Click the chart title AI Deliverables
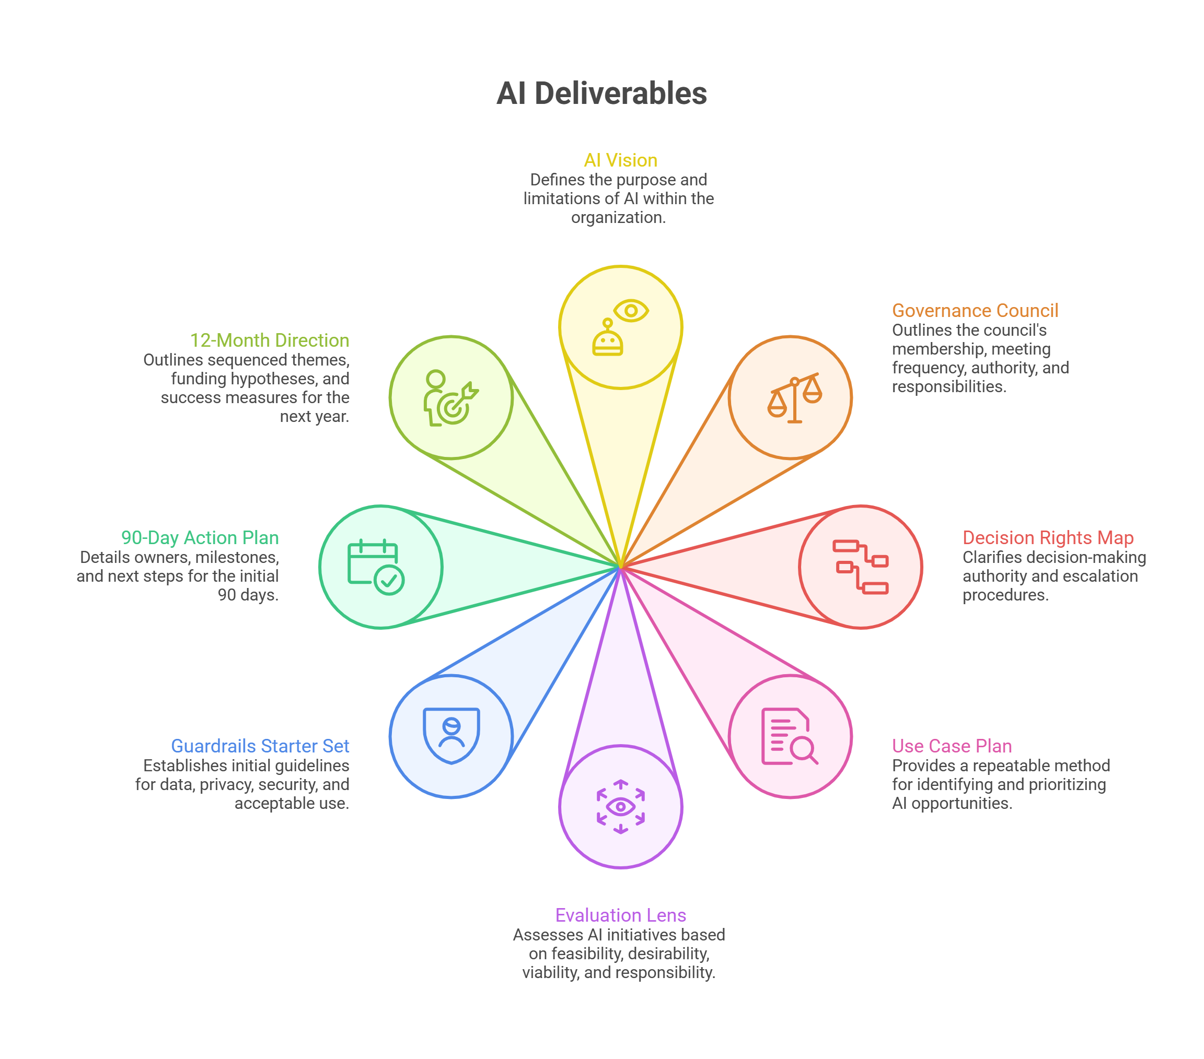click(x=601, y=93)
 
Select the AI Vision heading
click(x=620, y=160)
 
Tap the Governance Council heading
click(x=975, y=310)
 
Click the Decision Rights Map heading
click(x=1048, y=537)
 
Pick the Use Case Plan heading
click(x=952, y=746)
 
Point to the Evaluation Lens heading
click(x=620, y=915)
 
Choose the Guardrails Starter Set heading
click(x=260, y=746)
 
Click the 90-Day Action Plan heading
click(x=200, y=537)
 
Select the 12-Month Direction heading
click(x=269, y=340)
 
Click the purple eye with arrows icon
click(x=620, y=806)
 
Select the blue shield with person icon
click(x=451, y=736)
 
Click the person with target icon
click(x=450, y=398)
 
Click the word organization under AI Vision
click(x=618, y=218)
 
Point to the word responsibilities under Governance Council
click(x=948, y=387)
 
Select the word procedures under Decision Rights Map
click(x=1005, y=595)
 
